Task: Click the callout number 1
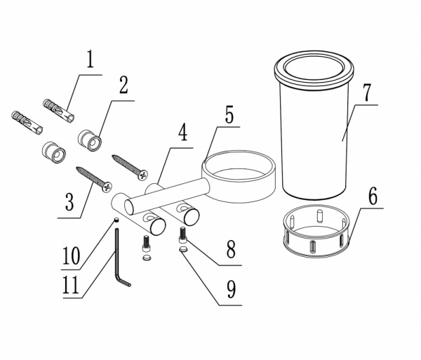[x=91, y=59]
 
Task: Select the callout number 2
[x=123, y=85]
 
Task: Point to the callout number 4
[x=183, y=132]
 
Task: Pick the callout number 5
[x=229, y=114]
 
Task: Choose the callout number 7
[x=366, y=93]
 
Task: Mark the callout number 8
[x=231, y=249]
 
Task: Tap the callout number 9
[x=231, y=289]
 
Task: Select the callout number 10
[x=71, y=256]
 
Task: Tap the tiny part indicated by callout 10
[x=116, y=220]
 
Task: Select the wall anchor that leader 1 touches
[x=59, y=111]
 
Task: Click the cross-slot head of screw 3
[x=107, y=187]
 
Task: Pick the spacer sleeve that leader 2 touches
[x=90, y=140]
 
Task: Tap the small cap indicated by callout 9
[x=183, y=249]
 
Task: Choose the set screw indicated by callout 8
[x=183, y=235]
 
